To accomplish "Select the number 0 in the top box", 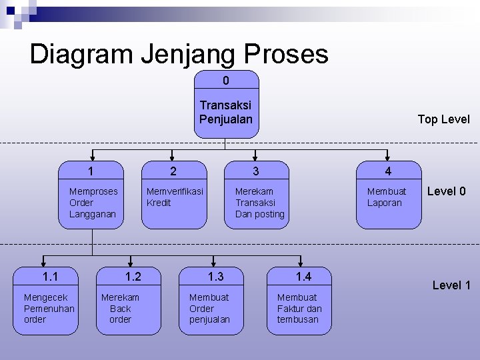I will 226,81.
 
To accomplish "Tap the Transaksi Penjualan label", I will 226,112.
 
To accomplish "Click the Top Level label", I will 443,119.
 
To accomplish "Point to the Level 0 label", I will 446,192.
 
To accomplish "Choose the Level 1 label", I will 451,285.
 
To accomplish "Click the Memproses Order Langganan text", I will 93,203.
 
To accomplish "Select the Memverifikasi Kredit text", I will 175,197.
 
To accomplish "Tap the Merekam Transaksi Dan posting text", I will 259,203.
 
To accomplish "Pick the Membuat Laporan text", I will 386,197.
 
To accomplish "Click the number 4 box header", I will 388,172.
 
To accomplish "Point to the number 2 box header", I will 173,172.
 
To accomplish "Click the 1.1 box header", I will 50,277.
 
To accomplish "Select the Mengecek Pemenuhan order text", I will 49,308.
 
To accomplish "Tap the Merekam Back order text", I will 120,308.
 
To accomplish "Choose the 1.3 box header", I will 215,277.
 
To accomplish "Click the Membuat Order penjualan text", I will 209,308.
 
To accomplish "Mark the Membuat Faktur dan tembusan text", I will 299,308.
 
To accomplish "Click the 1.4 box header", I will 303,277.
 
